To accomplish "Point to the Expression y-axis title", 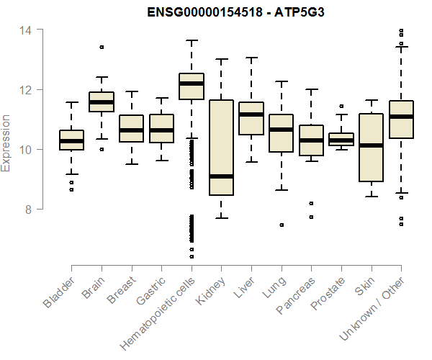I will click(7, 143).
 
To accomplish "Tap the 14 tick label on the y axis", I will click(26, 30).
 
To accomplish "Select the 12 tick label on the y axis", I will click(26, 90).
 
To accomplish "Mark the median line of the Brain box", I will click(101, 102).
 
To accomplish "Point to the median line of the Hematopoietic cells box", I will click(191, 84).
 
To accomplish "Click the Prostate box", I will click(341, 139).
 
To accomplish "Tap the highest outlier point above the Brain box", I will click(102, 47).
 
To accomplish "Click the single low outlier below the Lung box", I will click(282, 225).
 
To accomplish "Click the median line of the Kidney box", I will click(221, 176).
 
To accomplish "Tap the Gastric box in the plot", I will click(161, 128).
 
